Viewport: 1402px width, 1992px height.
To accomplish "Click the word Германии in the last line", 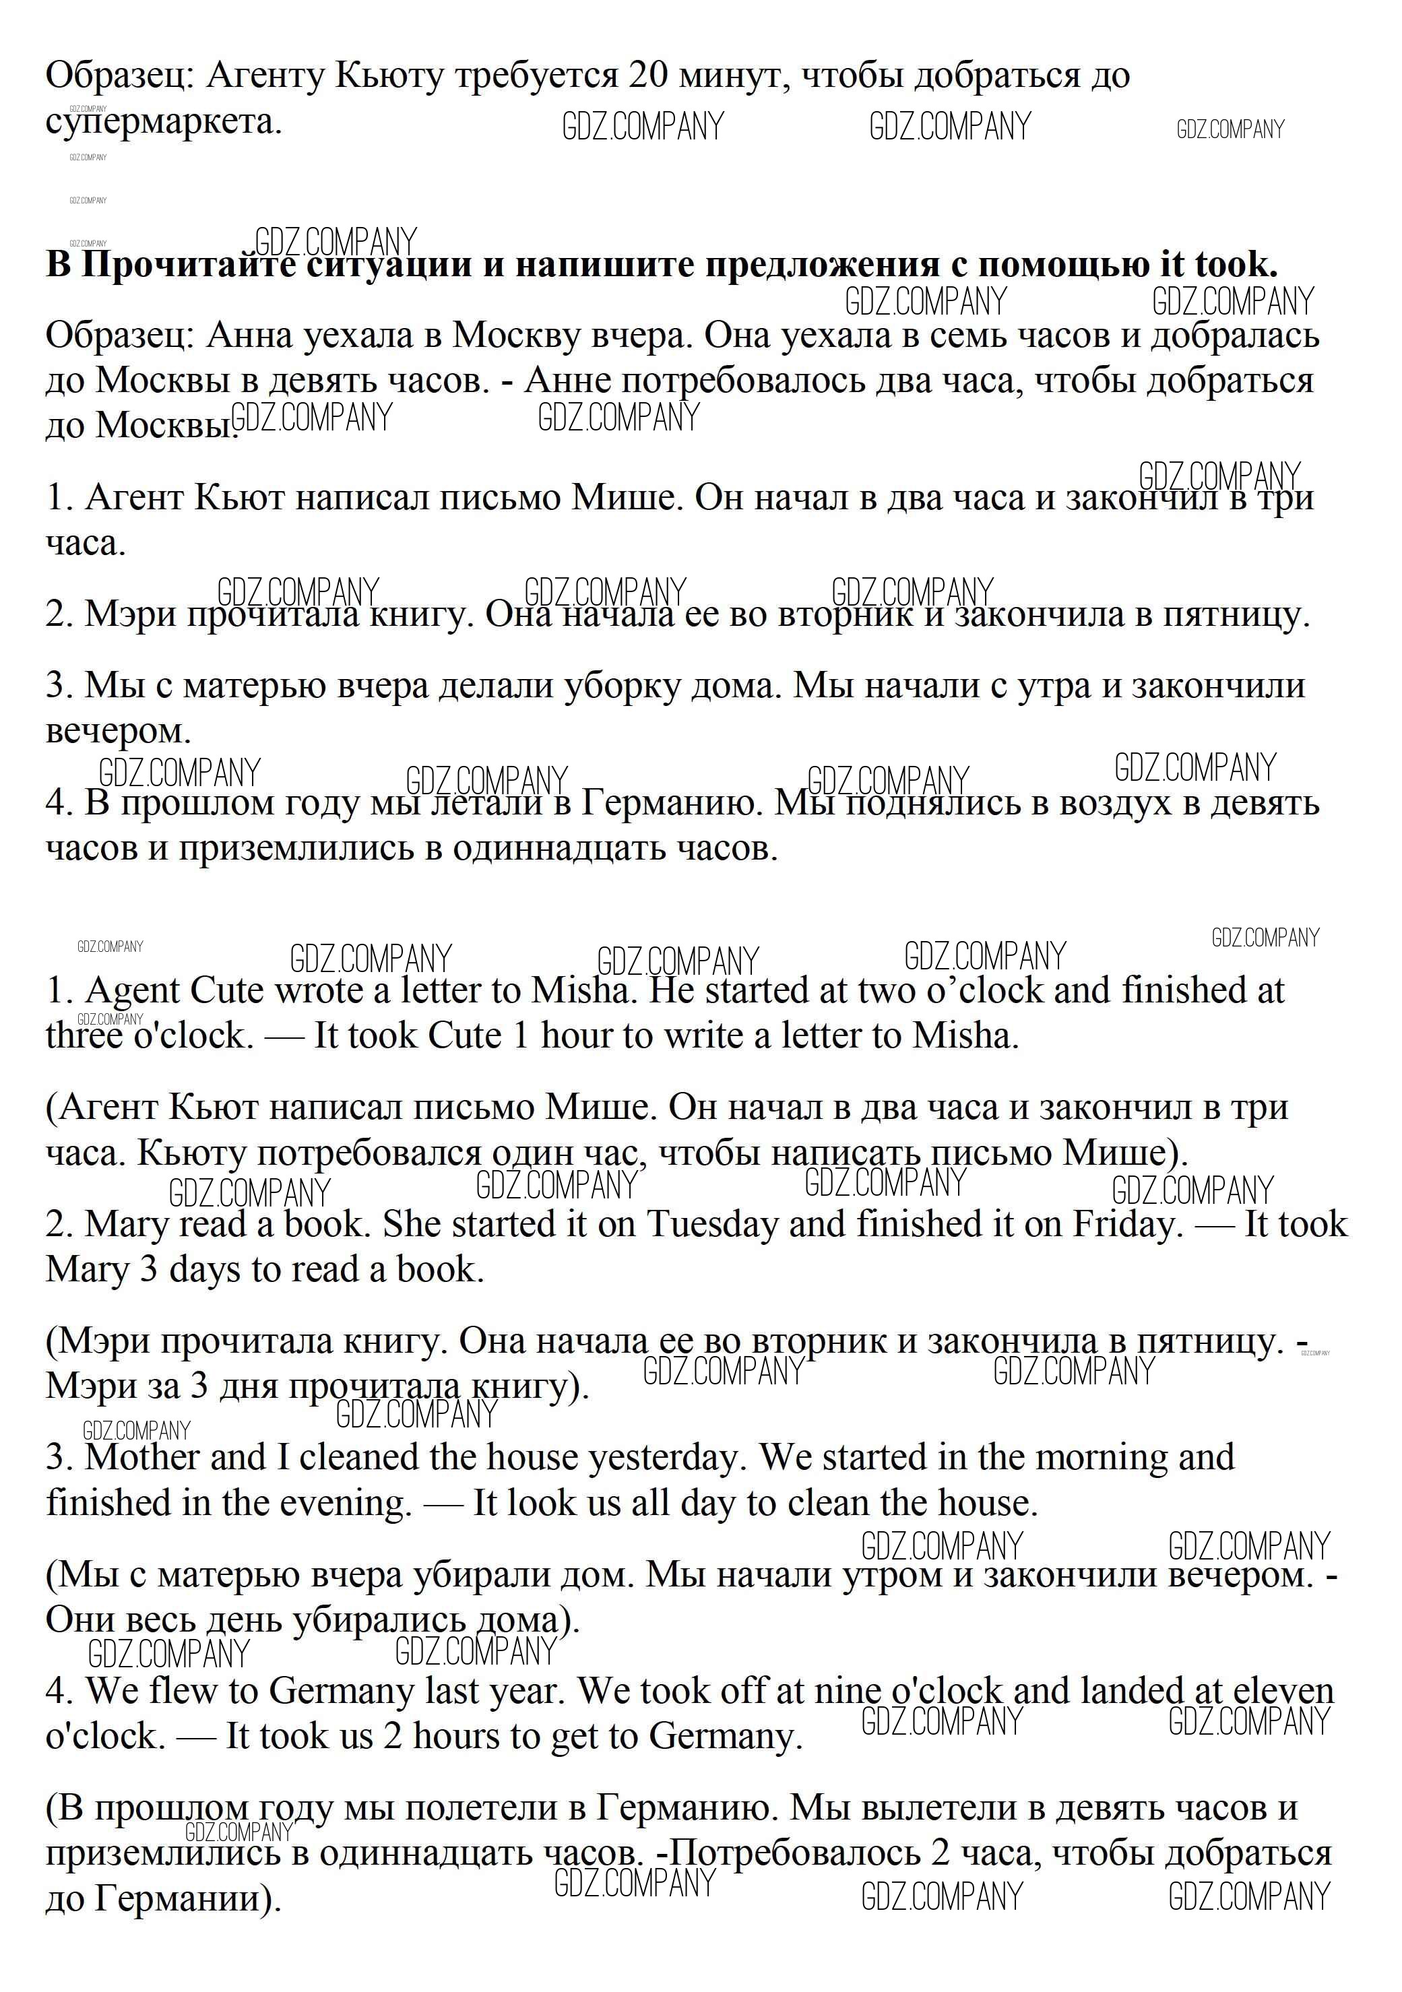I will pyautogui.click(x=186, y=1899).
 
